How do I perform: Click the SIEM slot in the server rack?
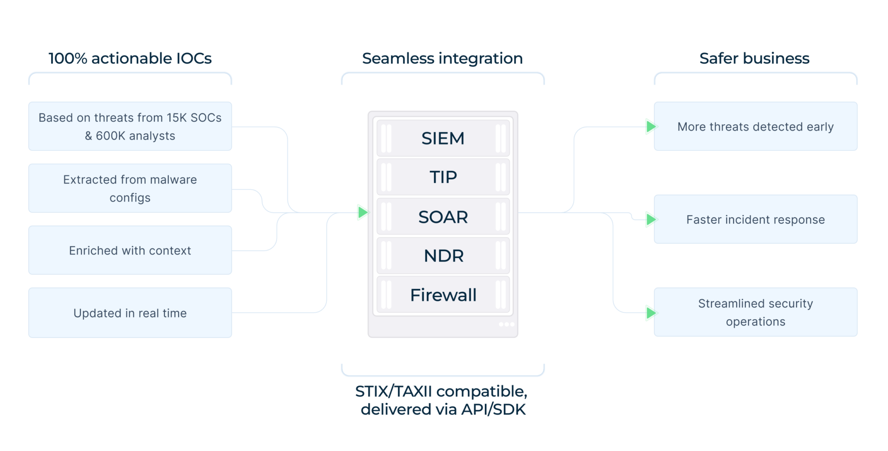click(443, 138)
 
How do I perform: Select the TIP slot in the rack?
click(443, 177)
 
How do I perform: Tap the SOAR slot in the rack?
click(443, 217)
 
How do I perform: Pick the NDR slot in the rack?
click(443, 256)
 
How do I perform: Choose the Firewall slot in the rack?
click(443, 295)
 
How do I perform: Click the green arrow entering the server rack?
click(363, 212)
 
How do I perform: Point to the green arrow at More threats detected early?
click(651, 127)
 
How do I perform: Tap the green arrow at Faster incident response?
click(651, 219)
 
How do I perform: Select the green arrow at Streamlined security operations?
click(651, 313)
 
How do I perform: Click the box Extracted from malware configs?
click(130, 188)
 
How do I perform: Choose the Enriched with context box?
click(130, 250)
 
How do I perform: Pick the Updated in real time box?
click(130, 313)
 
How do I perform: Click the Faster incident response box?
click(755, 219)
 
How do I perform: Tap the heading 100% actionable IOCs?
click(130, 58)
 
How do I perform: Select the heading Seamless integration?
click(442, 58)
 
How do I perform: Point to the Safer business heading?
click(754, 58)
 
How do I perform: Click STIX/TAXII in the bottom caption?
click(394, 391)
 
